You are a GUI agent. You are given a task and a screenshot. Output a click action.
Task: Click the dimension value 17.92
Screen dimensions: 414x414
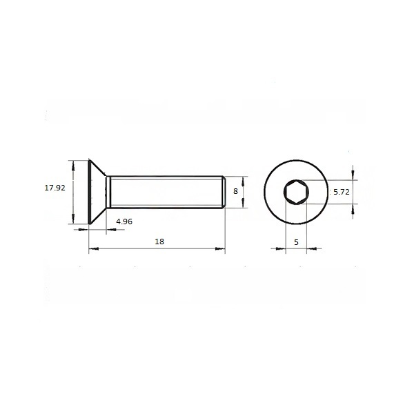(55, 188)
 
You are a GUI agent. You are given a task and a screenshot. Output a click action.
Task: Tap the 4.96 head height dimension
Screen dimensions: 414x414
(124, 221)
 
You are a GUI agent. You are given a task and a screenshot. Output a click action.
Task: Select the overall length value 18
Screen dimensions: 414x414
(159, 241)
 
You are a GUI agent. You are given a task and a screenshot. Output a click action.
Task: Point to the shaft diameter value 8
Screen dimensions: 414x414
(235, 191)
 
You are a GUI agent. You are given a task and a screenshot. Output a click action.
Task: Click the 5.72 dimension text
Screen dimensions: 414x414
(342, 192)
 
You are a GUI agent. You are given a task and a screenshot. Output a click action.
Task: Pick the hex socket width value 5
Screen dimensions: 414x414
(296, 242)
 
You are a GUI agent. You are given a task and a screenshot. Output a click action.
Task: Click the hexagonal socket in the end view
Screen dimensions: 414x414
(296, 192)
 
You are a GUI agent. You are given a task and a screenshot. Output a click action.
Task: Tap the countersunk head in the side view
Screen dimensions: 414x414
(97, 192)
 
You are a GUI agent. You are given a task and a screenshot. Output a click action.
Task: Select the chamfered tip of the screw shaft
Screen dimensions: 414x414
(224, 192)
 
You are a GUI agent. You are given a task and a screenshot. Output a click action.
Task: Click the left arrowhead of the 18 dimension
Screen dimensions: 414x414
(94, 248)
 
